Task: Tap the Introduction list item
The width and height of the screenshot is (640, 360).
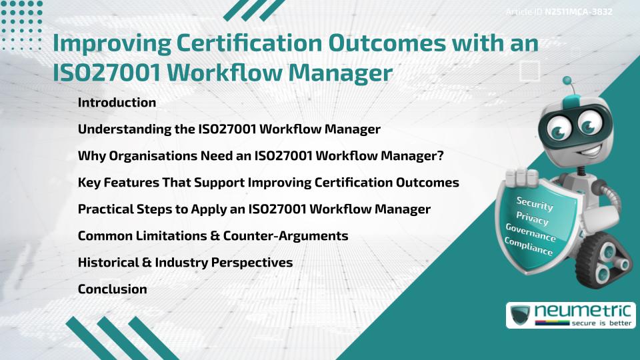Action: pos(117,103)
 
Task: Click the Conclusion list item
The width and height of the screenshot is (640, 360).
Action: pos(112,289)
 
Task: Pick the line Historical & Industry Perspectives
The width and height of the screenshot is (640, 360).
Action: pos(185,263)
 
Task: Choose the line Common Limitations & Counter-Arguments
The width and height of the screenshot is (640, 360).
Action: pos(213,236)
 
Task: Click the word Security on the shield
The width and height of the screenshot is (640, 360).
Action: pos(535,204)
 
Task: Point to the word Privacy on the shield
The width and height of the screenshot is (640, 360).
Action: pos(532,219)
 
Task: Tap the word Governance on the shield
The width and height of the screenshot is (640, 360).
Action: pos(531,233)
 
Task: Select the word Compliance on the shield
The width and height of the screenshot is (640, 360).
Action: pos(529,247)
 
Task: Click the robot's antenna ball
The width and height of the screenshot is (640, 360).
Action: pos(568,81)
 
